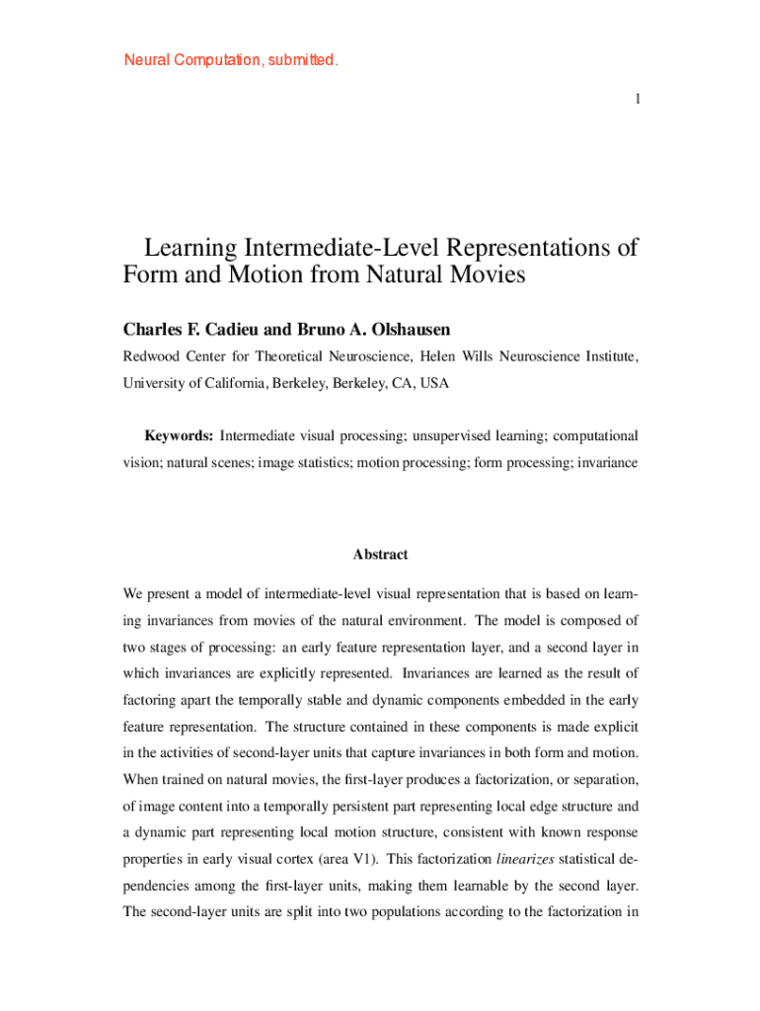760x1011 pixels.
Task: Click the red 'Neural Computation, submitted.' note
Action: [231, 60]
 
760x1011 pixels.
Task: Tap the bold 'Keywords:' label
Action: [179, 435]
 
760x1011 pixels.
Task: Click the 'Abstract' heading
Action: [380, 555]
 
